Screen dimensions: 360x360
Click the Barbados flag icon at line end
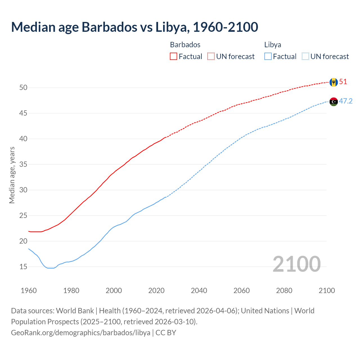coord(334,82)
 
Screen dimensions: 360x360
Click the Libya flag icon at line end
coord(334,102)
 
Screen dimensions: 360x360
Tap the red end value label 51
coord(343,82)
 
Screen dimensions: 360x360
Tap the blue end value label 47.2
coord(346,101)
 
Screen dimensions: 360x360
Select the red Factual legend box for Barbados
coord(174,57)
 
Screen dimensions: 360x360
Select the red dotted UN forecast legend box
coord(211,57)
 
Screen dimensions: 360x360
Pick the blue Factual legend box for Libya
coord(268,57)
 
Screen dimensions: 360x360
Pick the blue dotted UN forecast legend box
coord(305,57)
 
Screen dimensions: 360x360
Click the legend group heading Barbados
coord(185,45)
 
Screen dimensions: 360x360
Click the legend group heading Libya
coord(273,45)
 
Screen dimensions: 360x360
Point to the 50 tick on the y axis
coord(23,87)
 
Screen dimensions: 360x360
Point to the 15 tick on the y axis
coord(23,267)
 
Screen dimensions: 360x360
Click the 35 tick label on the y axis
coord(23,164)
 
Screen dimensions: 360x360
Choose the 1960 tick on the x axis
coord(29,291)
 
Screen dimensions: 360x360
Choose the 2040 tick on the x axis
coord(199,291)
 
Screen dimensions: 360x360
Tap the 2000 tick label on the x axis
coord(114,291)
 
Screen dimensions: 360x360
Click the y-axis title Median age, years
coord(12,175)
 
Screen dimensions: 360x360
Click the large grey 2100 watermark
coord(296,264)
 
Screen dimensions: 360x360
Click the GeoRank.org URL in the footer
coord(80,332)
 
